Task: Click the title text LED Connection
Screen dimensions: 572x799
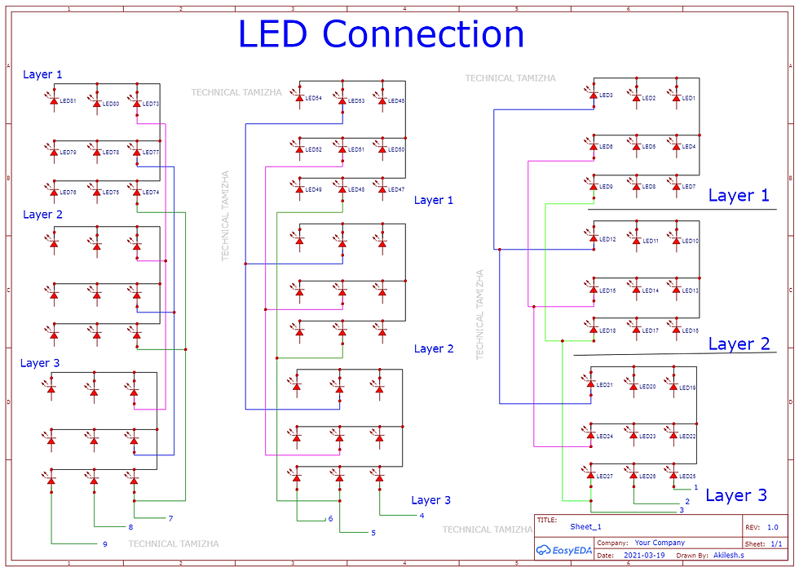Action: pos(381,34)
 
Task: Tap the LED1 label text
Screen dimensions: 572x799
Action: pos(689,99)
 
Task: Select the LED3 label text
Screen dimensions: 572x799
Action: pos(606,95)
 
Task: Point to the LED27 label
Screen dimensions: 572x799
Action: pos(605,477)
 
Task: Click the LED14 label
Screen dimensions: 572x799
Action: pos(650,290)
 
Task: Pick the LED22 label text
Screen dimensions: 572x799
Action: pos(688,437)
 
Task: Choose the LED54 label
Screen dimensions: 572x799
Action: pos(313,99)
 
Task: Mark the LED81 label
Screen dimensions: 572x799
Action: pos(68,101)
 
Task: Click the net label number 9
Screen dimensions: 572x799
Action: pos(105,544)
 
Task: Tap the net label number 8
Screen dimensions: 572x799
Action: pos(130,527)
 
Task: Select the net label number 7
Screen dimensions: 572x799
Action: pos(170,519)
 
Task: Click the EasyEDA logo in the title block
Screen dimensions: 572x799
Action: pos(564,550)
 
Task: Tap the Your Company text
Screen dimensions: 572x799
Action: pos(660,543)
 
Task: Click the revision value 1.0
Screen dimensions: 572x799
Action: pos(772,528)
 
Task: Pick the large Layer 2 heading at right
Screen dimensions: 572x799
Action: pos(739,344)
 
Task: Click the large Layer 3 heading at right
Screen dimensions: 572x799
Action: pos(735,495)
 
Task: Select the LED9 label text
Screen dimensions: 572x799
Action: pos(606,187)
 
